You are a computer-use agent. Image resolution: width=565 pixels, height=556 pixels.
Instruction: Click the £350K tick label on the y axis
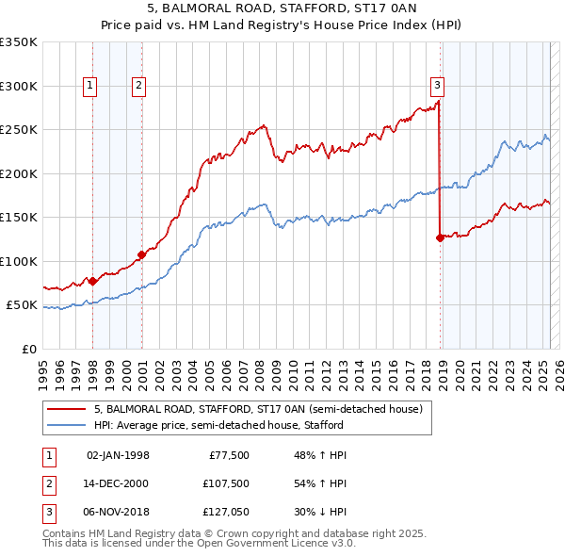[19, 42]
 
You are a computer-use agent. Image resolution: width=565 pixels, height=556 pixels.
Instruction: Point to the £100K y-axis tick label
[19, 261]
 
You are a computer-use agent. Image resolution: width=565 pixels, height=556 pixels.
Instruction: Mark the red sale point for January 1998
[93, 281]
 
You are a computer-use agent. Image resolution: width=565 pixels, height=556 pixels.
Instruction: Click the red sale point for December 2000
[142, 254]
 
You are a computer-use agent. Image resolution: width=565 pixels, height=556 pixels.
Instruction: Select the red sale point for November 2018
[440, 237]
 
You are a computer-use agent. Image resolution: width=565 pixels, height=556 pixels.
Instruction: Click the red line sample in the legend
[66, 409]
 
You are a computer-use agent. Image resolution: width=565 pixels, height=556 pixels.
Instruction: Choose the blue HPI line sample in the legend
[66, 425]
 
